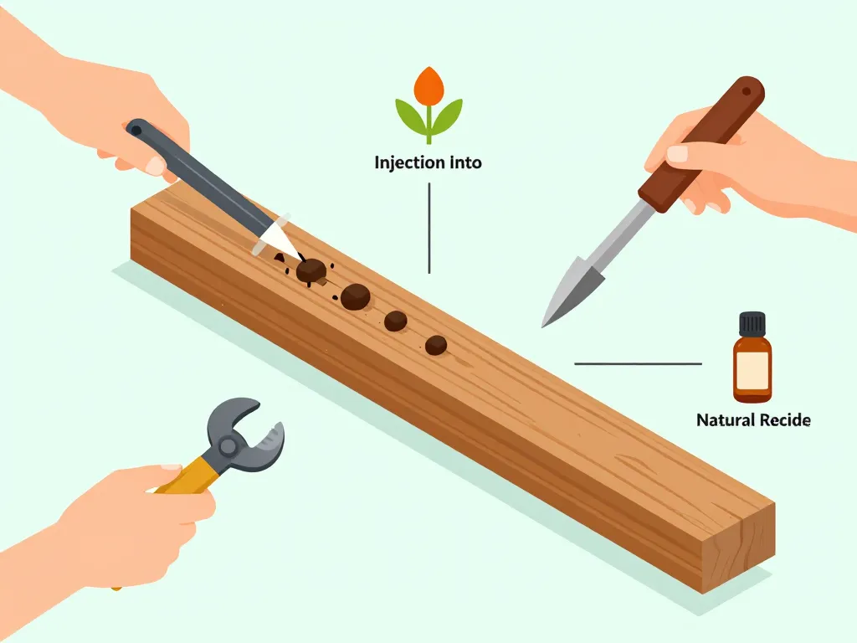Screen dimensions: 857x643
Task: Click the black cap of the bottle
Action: click(x=752, y=324)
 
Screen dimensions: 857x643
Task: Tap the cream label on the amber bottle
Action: click(x=752, y=368)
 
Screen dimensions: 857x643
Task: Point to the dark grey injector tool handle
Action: click(x=199, y=175)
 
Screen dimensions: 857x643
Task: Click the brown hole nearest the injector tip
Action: click(x=311, y=270)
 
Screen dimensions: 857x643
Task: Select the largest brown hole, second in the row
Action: click(x=355, y=297)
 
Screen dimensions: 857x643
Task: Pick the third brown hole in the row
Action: click(x=395, y=321)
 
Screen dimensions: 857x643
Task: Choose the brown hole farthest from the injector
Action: click(x=435, y=345)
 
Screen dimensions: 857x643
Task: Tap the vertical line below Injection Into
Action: click(x=429, y=228)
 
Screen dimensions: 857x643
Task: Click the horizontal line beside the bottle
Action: click(x=638, y=363)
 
